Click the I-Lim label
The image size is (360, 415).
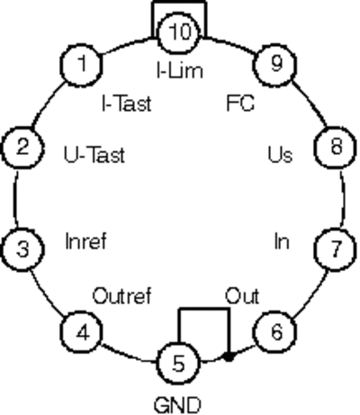[x=180, y=71]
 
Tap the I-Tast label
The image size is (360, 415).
[x=127, y=104]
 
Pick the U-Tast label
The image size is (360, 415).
[x=94, y=155]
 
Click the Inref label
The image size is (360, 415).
[x=85, y=241]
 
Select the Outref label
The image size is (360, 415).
[x=121, y=296]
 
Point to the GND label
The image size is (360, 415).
[x=177, y=405]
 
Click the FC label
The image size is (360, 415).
[x=240, y=104]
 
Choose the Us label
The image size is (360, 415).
[x=280, y=155]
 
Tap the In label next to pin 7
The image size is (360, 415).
[x=282, y=241]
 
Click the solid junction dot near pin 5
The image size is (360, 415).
[x=229, y=357]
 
